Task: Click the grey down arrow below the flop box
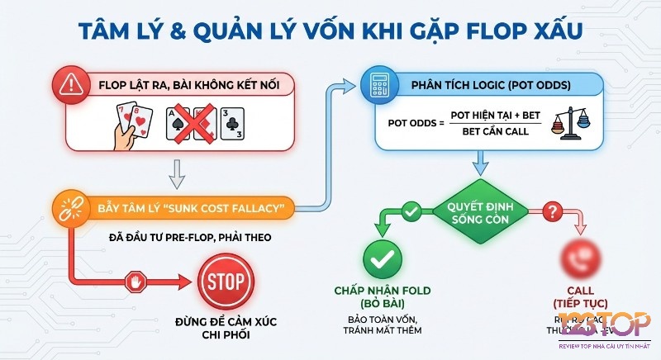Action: [x=174, y=173]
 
